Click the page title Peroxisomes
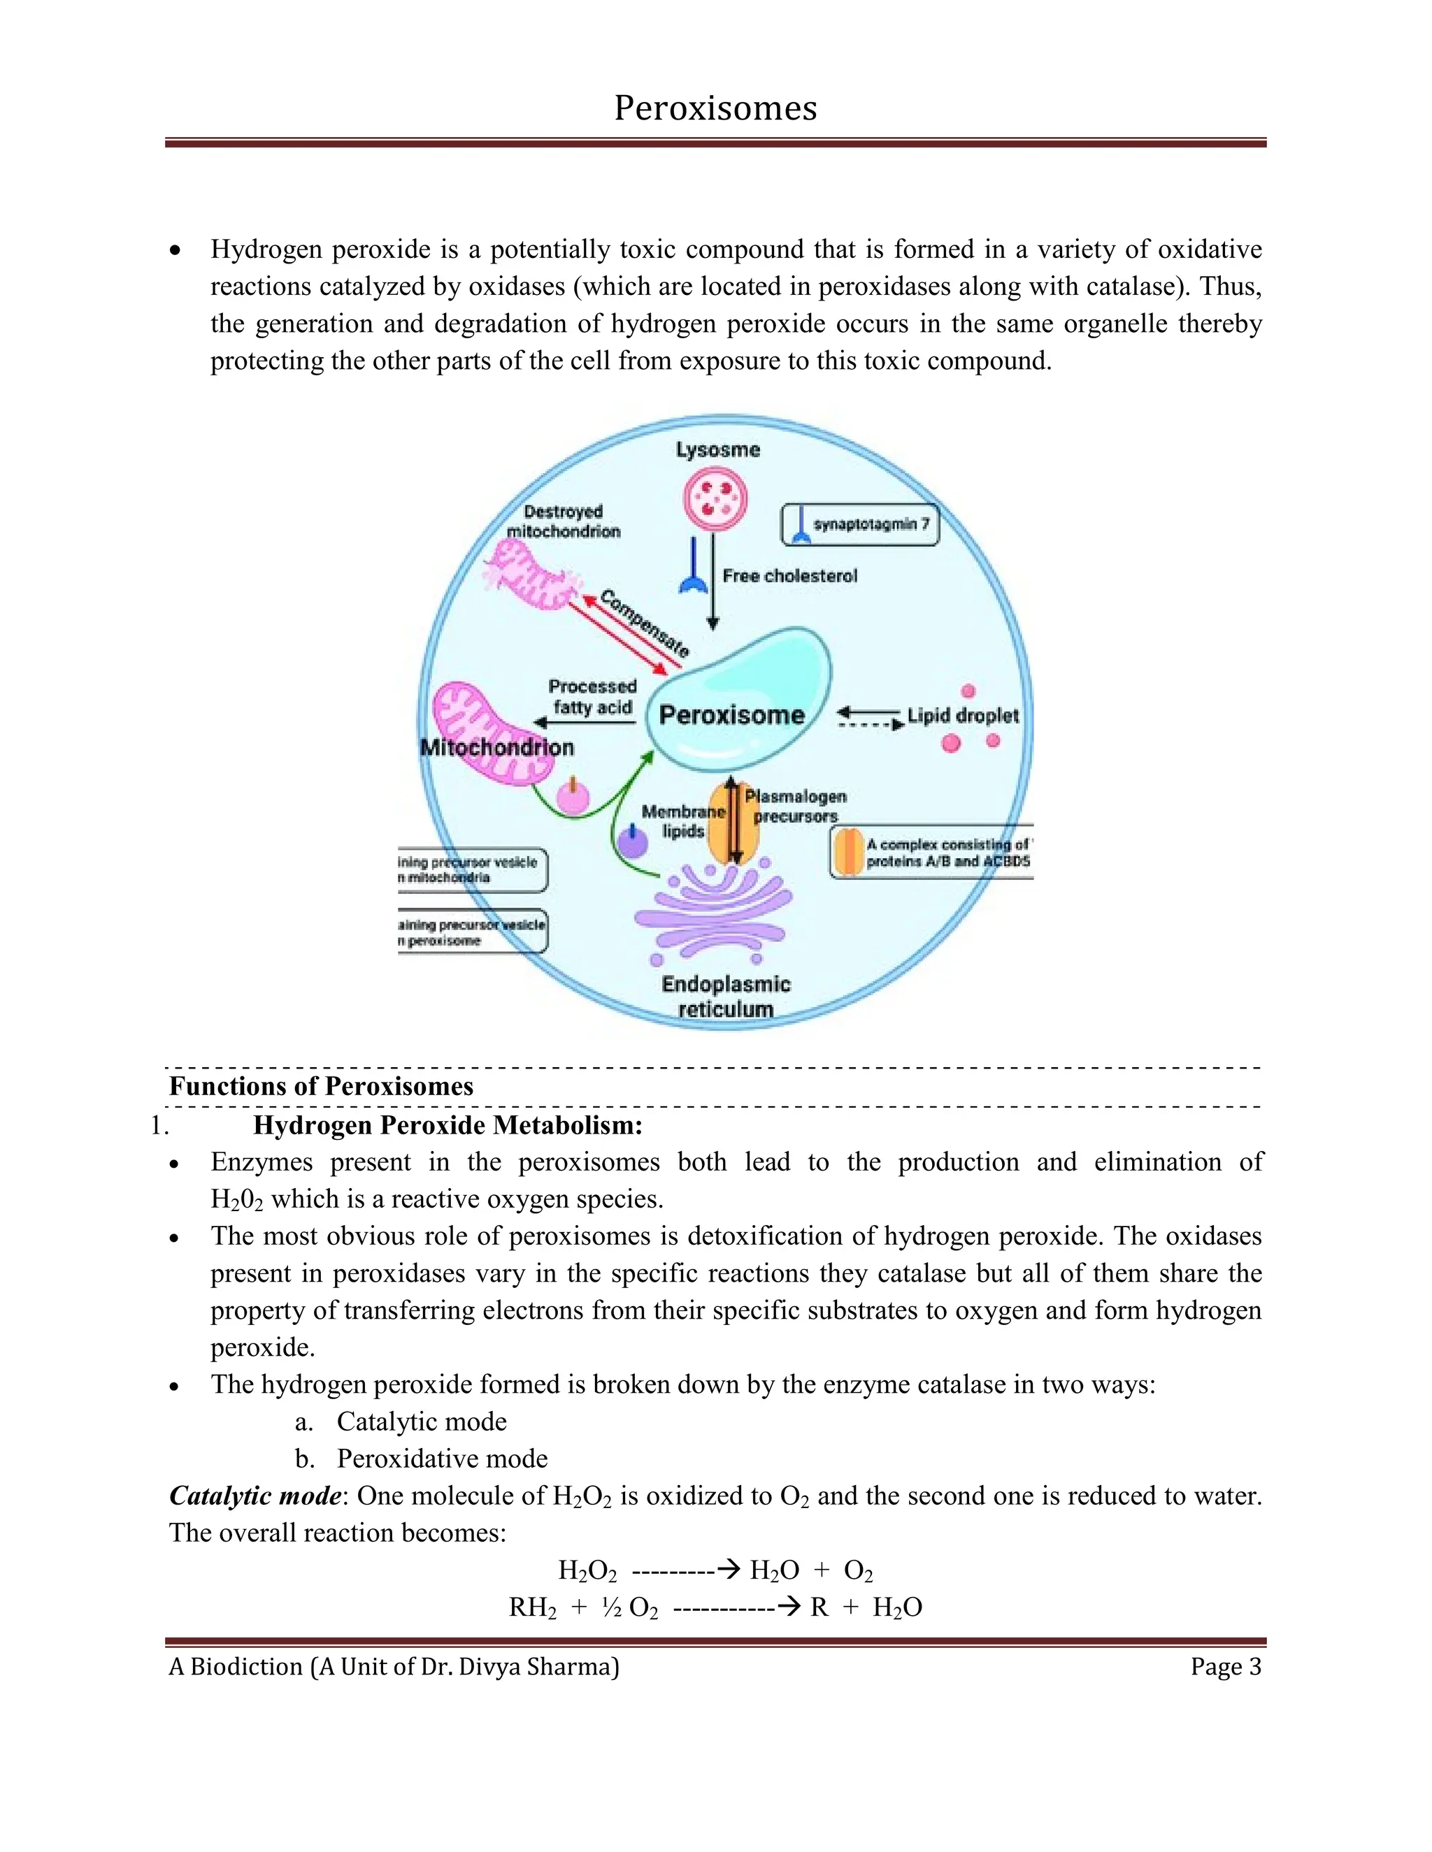(x=715, y=108)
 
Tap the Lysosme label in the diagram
(x=717, y=449)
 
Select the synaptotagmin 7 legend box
(x=859, y=525)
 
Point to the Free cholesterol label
(x=789, y=576)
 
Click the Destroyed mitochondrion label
(x=564, y=521)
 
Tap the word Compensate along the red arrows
(x=645, y=623)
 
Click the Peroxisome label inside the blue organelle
(x=731, y=715)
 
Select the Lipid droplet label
(x=963, y=716)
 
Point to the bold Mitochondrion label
(x=497, y=747)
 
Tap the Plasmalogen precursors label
(x=796, y=806)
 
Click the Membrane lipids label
(x=683, y=821)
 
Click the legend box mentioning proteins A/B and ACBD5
(x=931, y=852)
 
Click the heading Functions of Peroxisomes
(x=321, y=1086)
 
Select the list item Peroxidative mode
(x=441, y=1458)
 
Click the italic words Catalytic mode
(x=255, y=1495)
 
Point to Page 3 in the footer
(x=1225, y=1666)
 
